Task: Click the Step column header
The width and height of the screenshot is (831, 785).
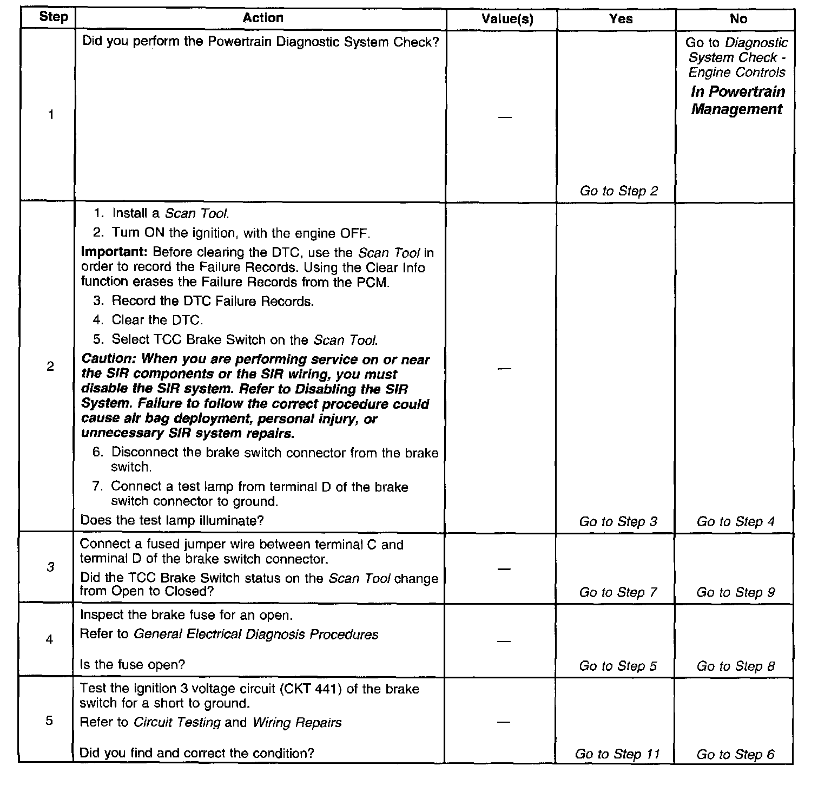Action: click(x=54, y=17)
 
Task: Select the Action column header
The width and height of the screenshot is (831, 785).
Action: click(x=263, y=18)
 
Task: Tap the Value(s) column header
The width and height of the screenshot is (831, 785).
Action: click(x=507, y=19)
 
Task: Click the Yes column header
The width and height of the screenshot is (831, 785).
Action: click(x=621, y=19)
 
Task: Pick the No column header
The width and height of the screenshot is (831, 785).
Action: click(x=738, y=19)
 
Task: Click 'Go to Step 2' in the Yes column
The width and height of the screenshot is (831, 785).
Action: click(x=619, y=191)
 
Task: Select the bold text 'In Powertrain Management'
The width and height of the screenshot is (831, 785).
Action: click(x=737, y=101)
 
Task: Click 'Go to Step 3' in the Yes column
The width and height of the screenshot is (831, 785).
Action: click(x=618, y=521)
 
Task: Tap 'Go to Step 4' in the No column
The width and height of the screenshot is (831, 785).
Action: click(x=735, y=521)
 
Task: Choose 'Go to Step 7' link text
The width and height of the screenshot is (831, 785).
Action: click(x=618, y=592)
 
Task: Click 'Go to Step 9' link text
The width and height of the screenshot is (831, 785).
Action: click(x=735, y=592)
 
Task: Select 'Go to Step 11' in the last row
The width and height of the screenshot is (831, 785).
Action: click(x=617, y=754)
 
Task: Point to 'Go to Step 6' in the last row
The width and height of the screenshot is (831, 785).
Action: click(x=735, y=754)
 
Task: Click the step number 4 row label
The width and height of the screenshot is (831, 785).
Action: click(x=49, y=639)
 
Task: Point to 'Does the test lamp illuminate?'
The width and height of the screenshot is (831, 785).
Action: click(x=172, y=520)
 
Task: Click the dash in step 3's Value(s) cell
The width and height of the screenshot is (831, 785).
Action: click(x=504, y=569)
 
